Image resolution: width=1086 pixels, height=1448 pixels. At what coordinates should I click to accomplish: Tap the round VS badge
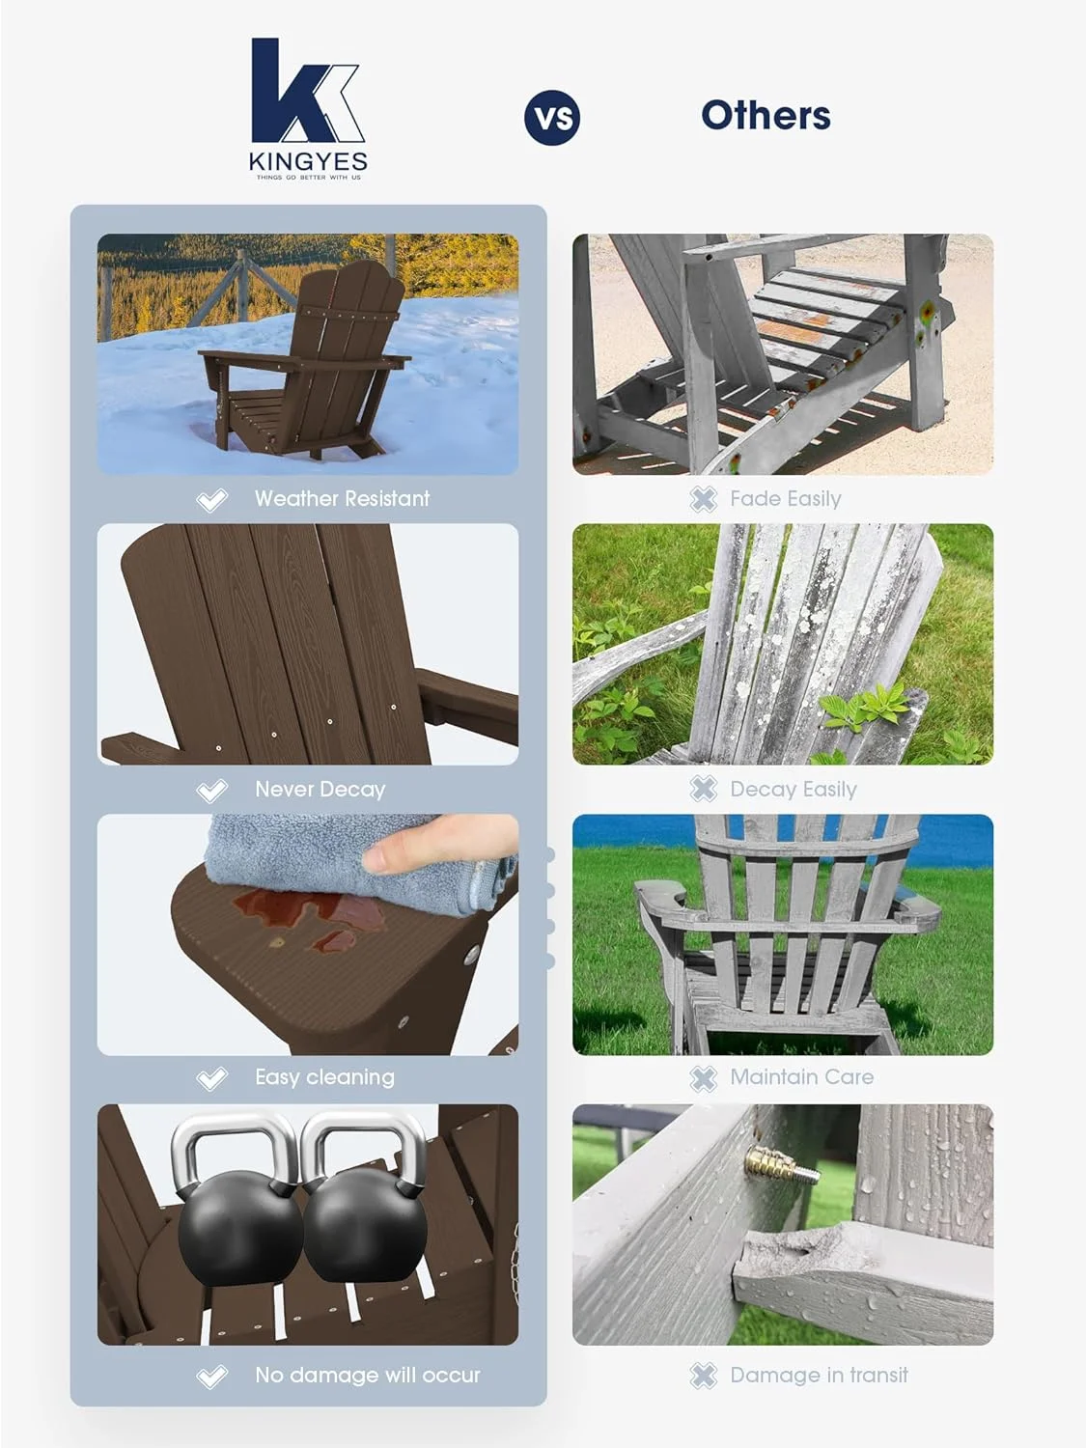pyautogui.click(x=552, y=118)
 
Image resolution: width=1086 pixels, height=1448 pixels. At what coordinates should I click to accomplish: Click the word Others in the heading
pyautogui.click(x=766, y=116)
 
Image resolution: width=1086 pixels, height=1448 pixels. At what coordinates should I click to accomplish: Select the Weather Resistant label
pyautogui.click(x=342, y=499)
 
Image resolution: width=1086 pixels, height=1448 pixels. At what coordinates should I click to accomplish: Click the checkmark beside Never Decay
pyautogui.click(x=211, y=791)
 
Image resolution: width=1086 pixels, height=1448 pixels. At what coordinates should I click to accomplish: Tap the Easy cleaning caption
pyautogui.click(x=324, y=1077)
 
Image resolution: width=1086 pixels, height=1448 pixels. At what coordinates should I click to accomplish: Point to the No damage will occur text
pyautogui.click(x=367, y=1375)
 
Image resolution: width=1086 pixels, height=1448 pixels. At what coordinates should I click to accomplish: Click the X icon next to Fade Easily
pyautogui.click(x=704, y=499)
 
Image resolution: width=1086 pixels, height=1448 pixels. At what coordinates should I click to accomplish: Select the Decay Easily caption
pyautogui.click(x=793, y=790)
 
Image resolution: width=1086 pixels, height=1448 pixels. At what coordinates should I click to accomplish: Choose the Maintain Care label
pyautogui.click(x=801, y=1077)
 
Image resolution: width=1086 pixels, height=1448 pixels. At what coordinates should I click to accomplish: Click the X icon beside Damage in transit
pyautogui.click(x=704, y=1376)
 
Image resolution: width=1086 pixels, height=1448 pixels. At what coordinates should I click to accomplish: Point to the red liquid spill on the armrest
pyautogui.click(x=290, y=912)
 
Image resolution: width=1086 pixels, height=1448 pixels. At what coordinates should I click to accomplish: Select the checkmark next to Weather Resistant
pyautogui.click(x=211, y=500)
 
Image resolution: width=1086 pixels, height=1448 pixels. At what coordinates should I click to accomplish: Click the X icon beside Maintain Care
pyautogui.click(x=704, y=1078)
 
